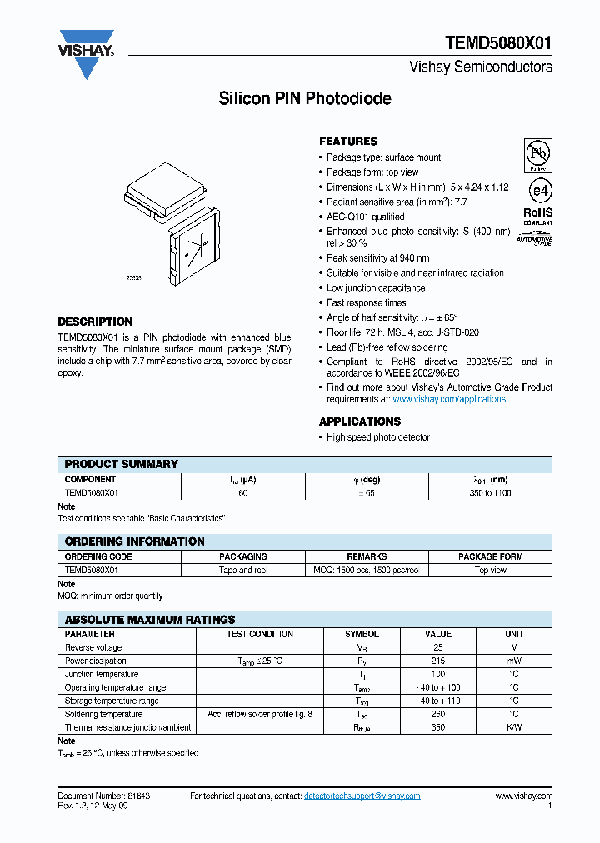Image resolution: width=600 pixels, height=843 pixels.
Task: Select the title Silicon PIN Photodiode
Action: point(305,99)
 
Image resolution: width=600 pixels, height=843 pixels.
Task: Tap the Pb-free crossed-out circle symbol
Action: point(537,155)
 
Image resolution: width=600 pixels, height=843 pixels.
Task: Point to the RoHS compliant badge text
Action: point(537,216)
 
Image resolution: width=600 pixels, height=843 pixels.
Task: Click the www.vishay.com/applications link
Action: point(449,399)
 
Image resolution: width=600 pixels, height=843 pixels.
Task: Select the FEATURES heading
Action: point(348,142)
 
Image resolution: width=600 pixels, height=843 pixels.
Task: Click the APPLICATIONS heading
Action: point(360,421)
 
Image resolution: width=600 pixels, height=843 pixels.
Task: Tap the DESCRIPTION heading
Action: point(95,322)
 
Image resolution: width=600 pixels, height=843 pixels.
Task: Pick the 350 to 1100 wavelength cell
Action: point(490,493)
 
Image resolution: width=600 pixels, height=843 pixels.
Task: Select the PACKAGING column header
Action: point(243,556)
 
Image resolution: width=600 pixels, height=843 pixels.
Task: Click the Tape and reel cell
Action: point(243,570)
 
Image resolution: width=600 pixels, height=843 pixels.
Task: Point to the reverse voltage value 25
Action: point(438,647)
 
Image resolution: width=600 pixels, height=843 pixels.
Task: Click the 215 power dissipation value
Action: point(438,661)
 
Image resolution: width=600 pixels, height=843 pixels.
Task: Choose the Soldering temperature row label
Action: point(103,714)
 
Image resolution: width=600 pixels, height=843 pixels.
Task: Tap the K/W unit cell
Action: point(513,727)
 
